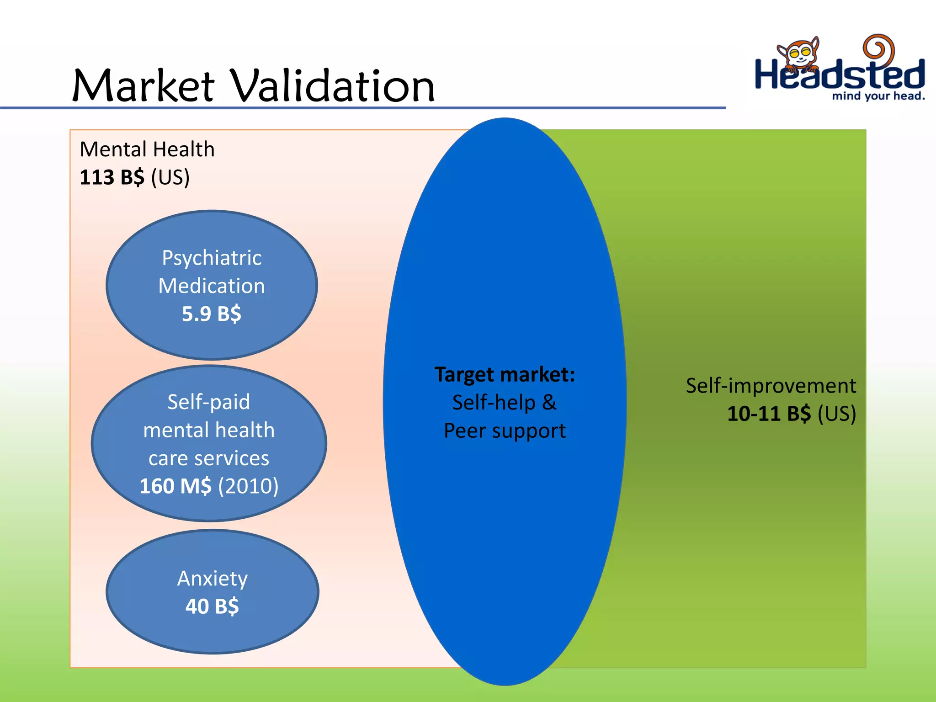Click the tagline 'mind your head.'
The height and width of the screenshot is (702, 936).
pyautogui.click(x=878, y=96)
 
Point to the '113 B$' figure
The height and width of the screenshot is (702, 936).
pyautogui.click(x=112, y=177)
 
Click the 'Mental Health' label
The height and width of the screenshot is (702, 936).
pyautogui.click(x=147, y=149)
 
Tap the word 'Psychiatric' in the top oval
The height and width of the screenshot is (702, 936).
pyautogui.click(x=212, y=258)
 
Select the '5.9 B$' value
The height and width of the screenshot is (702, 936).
pyautogui.click(x=212, y=314)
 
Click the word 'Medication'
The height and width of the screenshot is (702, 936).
pyautogui.click(x=212, y=286)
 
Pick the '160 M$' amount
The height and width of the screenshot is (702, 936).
pyautogui.click(x=175, y=486)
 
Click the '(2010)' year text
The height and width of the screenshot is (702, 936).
pyautogui.click(x=248, y=486)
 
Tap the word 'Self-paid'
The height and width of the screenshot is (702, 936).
pyautogui.click(x=209, y=402)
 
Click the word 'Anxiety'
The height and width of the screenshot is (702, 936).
pyautogui.click(x=213, y=579)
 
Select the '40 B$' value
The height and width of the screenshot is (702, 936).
pyautogui.click(x=212, y=606)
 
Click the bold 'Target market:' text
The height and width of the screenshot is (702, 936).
pyautogui.click(x=505, y=374)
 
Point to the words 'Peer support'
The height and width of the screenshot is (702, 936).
pyautogui.click(x=505, y=431)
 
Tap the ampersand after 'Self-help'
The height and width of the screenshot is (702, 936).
pyautogui.click(x=549, y=403)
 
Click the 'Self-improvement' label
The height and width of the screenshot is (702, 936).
pyautogui.click(x=771, y=386)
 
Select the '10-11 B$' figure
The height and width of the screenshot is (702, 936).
pyautogui.click(x=769, y=414)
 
